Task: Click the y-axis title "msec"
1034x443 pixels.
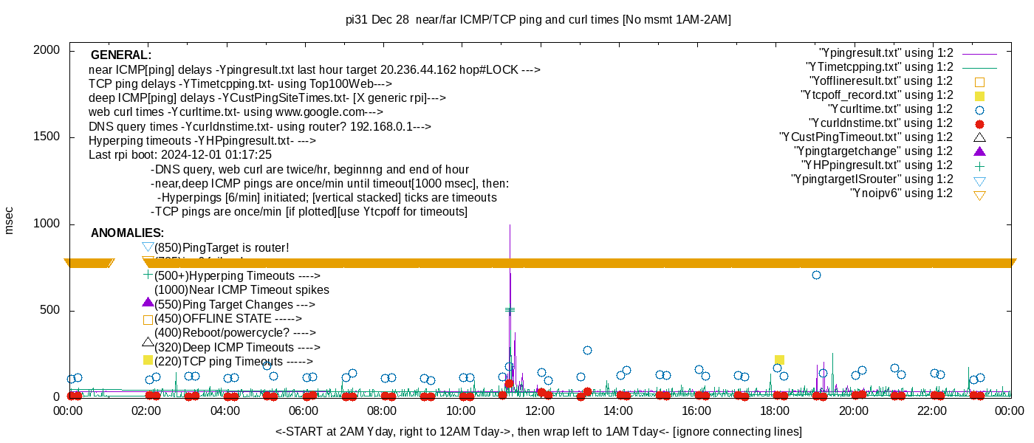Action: coord(10,220)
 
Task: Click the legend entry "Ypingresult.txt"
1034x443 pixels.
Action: coord(886,53)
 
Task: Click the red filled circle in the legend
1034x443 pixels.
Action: coord(979,124)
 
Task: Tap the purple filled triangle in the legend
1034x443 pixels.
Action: coord(979,151)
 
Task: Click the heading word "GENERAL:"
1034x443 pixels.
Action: coord(120,55)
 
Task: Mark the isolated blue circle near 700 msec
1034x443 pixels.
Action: coord(816,275)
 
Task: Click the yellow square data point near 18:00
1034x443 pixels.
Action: coord(779,360)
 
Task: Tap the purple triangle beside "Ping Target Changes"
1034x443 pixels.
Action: coord(148,303)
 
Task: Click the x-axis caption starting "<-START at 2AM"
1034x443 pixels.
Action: coord(538,431)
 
